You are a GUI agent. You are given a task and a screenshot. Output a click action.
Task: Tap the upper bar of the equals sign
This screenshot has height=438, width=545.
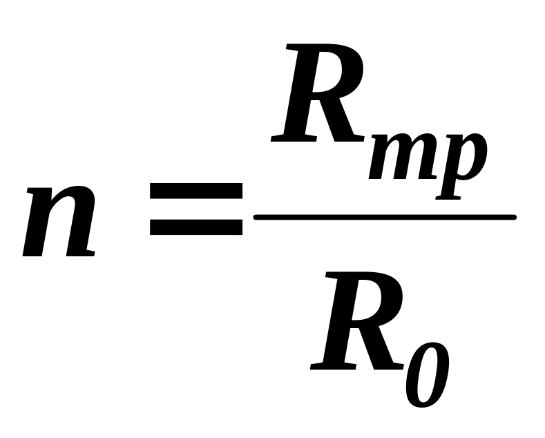(x=197, y=191)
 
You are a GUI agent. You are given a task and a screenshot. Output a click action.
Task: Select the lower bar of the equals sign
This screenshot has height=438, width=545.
(x=197, y=227)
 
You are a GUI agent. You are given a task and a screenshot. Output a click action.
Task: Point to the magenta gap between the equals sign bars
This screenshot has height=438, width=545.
(x=197, y=209)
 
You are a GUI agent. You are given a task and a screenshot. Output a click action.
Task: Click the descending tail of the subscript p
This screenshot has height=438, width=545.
(x=446, y=190)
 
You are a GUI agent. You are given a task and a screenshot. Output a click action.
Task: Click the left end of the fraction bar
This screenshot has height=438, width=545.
(x=258, y=218)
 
